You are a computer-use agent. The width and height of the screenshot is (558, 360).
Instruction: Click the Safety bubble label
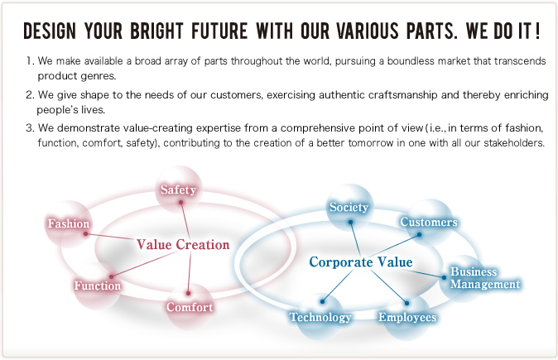[x=178, y=190]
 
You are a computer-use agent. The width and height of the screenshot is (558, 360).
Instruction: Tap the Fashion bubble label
[x=69, y=223]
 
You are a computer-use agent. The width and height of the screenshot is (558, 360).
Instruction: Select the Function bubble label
[x=98, y=286]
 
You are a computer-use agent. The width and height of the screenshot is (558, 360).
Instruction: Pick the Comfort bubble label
[x=190, y=307]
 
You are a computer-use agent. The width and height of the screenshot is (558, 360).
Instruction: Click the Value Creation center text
[x=183, y=245]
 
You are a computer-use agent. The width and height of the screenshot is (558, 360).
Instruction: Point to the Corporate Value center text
[x=361, y=262]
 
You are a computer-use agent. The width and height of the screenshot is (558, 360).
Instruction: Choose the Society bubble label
[x=349, y=207]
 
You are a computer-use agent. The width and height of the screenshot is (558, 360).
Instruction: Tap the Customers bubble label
[x=429, y=222]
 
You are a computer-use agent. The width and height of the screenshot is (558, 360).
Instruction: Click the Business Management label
[x=485, y=278]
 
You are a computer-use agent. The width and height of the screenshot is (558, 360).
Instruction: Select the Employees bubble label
[x=407, y=317]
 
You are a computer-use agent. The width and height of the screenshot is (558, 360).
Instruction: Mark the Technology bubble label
[x=320, y=317]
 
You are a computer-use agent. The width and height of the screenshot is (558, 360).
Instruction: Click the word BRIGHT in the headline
[x=156, y=31]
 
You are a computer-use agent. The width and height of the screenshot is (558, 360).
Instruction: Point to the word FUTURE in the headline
[x=219, y=31]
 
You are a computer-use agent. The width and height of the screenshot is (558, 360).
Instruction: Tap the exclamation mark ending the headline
[x=537, y=31]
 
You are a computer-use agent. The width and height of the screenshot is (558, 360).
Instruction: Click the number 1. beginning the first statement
[x=31, y=61]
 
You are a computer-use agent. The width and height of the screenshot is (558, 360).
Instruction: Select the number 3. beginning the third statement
[x=30, y=127]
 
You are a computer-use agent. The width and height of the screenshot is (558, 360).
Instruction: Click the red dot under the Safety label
[x=180, y=203]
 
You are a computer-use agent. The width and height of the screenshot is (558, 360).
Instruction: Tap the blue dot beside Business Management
[x=444, y=277]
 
